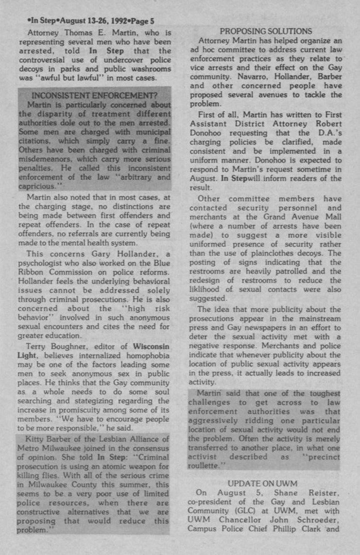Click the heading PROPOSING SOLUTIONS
click(x=265, y=32)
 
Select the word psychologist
click(x=45, y=262)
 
